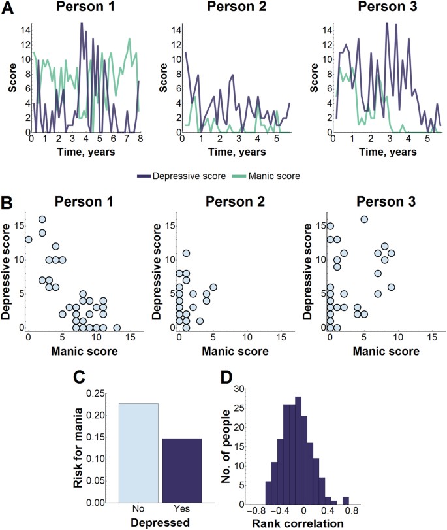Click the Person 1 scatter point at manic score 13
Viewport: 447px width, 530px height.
pyautogui.click(x=117, y=327)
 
